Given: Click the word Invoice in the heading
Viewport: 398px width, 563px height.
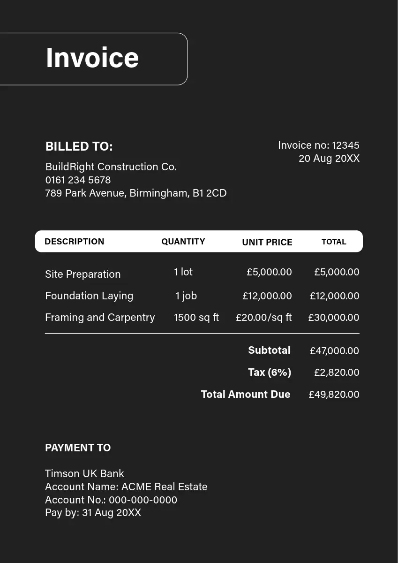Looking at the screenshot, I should pos(92,58).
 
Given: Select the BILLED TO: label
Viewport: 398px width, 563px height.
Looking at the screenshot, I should pos(79,146).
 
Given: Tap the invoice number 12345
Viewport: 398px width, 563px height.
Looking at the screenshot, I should pos(345,145).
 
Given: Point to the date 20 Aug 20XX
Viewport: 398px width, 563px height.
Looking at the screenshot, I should pos(329,159).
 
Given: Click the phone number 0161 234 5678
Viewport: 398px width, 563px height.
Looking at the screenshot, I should pos(78,180).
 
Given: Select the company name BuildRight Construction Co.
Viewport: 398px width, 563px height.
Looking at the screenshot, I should pos(111,167).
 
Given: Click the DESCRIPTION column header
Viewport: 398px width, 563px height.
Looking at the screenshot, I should pos(74,242).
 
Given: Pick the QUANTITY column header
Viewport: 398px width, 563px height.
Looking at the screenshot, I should pos(183,242).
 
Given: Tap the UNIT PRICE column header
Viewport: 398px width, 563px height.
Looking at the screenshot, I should pos(267,242).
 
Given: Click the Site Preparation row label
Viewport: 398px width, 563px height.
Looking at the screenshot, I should pos(83,274).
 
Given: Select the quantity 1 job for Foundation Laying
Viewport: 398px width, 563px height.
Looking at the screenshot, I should pos(186,296).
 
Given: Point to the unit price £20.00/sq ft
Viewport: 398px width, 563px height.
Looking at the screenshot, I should pos(263,318).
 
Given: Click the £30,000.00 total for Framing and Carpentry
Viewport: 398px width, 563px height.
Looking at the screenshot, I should pos(333,318).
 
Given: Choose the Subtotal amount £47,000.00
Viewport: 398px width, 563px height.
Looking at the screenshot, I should pos(334,351).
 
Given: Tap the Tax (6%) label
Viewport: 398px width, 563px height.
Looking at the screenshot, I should pos(270,373).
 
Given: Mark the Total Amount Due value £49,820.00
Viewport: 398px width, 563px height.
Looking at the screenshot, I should pos(334,395).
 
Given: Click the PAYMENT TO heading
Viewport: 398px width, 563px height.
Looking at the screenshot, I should pos(78,448).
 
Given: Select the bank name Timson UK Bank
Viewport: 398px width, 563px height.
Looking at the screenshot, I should pos(84,473).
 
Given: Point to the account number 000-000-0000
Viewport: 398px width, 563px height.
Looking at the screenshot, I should pos(143,500).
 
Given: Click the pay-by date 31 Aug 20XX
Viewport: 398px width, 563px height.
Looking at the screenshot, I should pos(112,512).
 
